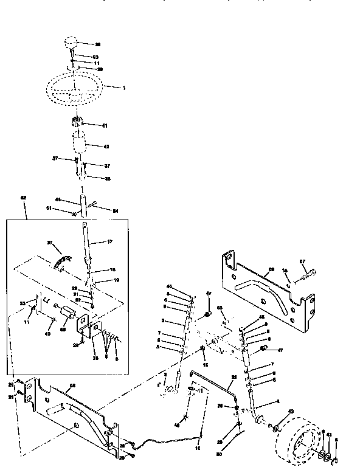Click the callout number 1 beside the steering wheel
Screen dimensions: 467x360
(x=124, y=88)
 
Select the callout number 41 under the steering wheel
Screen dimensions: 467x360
(x=104, y=126)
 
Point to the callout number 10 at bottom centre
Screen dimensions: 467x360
(x=197, y=449)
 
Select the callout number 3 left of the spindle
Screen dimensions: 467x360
(x=163, y=320)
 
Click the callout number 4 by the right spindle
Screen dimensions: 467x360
(x=277, y=401)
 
